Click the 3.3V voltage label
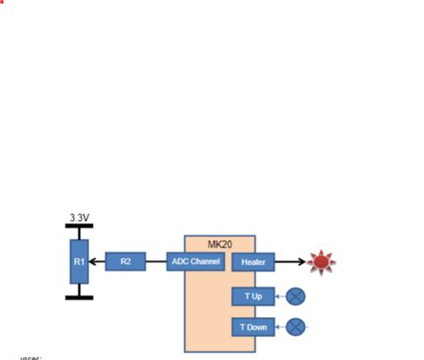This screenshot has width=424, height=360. (x=80, y=218)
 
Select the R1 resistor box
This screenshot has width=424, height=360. (x=80, y=261)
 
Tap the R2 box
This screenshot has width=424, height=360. (x=125, y=261)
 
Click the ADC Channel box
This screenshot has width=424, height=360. (x=194, y=261)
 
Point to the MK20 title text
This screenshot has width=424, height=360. (x=220, y=244)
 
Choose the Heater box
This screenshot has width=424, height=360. (x=253, y=262)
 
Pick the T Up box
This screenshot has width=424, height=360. (x=253, y=296)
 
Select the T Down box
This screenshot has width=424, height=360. (x=253, y=327)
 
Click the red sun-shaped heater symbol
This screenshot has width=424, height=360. (x=321, y=262)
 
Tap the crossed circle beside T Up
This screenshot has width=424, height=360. (x=296, y=296)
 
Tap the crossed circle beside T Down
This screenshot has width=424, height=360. (x=296, y=327)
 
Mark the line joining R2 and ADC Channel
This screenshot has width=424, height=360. (x=156, y=261)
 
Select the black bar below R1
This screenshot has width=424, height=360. (x=80, y=296)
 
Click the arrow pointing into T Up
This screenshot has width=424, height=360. (x=280, y=296)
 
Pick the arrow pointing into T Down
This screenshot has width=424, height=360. (x=280, y=327)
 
